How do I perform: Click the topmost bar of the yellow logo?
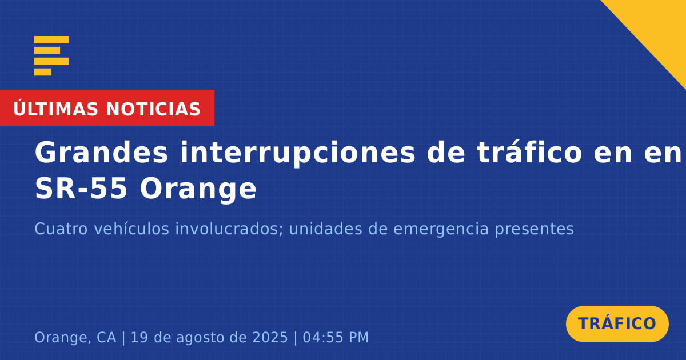click(51, 39)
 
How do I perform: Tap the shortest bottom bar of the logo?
click(43, 72)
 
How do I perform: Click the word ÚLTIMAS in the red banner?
click(55, 108)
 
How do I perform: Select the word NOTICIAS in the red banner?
click(153, 109)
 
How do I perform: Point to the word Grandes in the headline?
click(101, 153)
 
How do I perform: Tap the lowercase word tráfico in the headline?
click(529, 152)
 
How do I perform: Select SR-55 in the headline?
click(81, 189)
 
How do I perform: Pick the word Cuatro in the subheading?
click(61, 229)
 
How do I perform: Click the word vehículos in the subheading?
click(131, 229)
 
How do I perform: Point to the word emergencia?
click(441, 229)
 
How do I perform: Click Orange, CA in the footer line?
click(75, 338)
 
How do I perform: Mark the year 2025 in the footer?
click(270, 337)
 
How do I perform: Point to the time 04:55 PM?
click(336, 337)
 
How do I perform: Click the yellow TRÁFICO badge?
click(617, 324)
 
